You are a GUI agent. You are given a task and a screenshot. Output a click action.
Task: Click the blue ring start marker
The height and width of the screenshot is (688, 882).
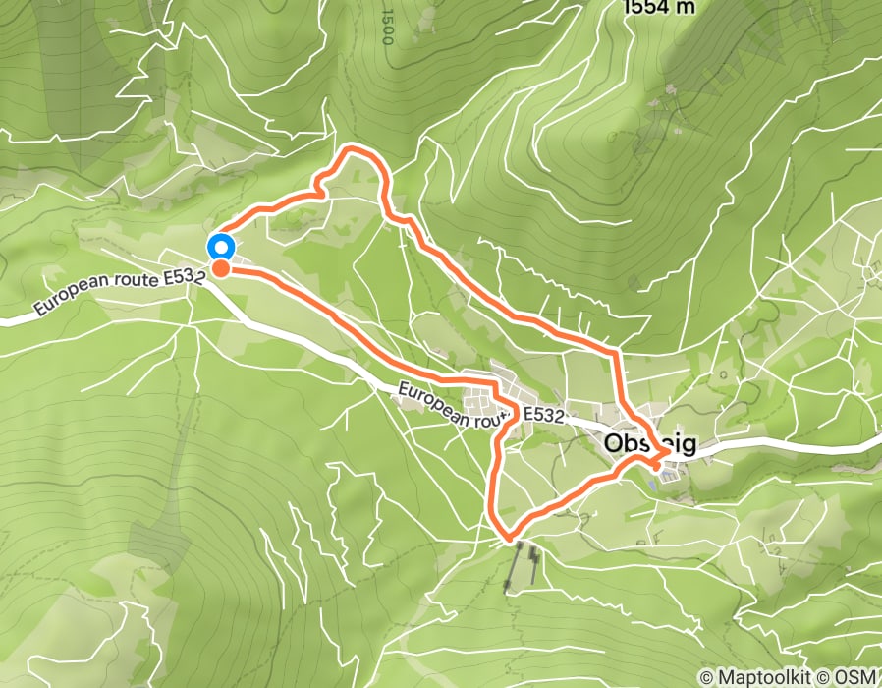[221, 247]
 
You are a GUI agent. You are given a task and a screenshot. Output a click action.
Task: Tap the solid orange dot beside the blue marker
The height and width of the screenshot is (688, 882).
[222, 267]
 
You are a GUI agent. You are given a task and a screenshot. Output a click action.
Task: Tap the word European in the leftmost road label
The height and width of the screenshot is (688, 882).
[67, 298]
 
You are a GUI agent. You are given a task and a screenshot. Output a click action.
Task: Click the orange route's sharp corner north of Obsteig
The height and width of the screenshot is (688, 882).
[615, 350]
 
